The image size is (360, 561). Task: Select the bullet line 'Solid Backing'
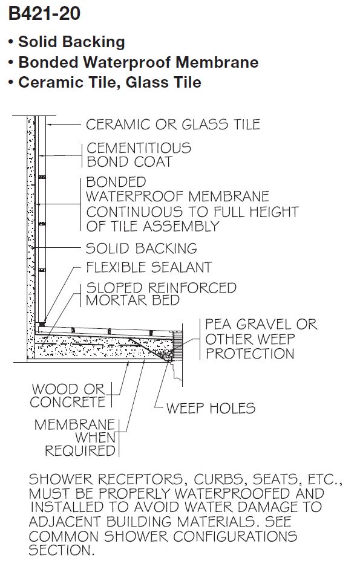coord(71,42)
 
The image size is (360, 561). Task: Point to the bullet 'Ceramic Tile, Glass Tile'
coord(110,82)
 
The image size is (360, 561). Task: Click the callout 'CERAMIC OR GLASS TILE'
coord(173,125)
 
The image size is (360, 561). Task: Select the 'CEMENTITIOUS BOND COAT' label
coord(138,155)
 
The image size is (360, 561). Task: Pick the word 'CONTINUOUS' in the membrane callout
coord(125,212)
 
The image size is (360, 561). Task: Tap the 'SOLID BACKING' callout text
coord(142,248)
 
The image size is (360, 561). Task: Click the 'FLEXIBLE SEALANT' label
coord(149,267)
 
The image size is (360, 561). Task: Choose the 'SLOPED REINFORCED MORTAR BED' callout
coord(160,294)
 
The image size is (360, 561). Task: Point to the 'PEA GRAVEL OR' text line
coord(261,325)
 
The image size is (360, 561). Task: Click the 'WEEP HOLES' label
coord(211,409)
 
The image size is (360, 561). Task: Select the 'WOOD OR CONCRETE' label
coord(68,395)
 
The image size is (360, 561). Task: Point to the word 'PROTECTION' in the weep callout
coord(249,354)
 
